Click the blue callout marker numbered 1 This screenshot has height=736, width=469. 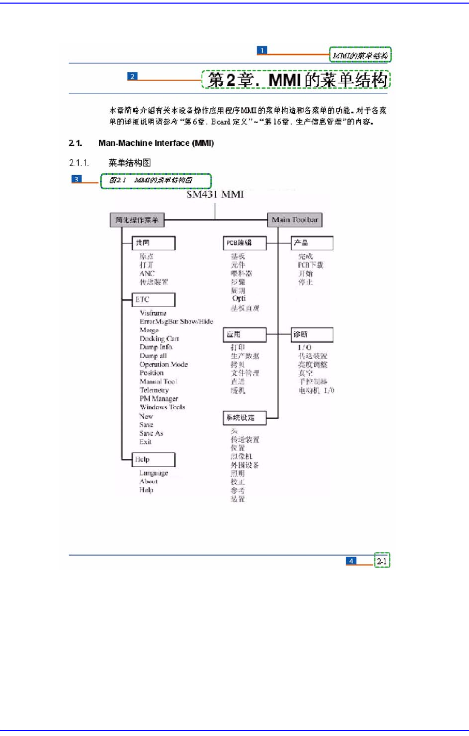pyautogui.click(x=262, y=50)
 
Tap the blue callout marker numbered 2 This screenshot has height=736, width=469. pyautogui.click(x=132, y=76)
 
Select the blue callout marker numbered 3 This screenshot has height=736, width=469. pyautogui.click(x=77, y=179)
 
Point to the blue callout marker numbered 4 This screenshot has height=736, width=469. pyautogui.click(x=352, y=561)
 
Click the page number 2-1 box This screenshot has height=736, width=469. pyautogui.click(x=382, y=561)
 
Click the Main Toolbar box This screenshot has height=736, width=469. pyautogui.click(x=295, y=220)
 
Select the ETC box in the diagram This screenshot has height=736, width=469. pyautogui.click(x=154, y=299)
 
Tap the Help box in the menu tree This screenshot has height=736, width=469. pyautogui.click(x=154, y=459)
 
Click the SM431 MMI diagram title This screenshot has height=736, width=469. pyautogui.click(x=215, y=194)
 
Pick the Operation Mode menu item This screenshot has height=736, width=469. pyautogui.click(x=163, y=364)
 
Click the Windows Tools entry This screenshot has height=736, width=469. pyautogui.click(x=162, y=407)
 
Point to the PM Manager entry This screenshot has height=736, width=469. pyautogui.click(x=159, y=398)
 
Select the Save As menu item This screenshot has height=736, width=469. pyautogui.click(x=151, y=433)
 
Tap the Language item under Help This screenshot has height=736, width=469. pyautogui.click(x=154, y=473)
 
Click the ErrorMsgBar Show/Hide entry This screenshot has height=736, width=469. pyautogui.click(x=176, y=321)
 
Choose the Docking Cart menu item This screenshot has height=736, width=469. pyautogui.click(x=159, y=339)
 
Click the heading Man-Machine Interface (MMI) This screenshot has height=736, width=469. pyautogui.click(x=156, y=143)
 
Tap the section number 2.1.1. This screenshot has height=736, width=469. pyautogui.click(x=79, y=163)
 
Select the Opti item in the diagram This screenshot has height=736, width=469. pyautogui.click(x=239, y=299)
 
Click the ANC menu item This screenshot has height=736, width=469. pyautogui.click(x=147, y=273)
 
